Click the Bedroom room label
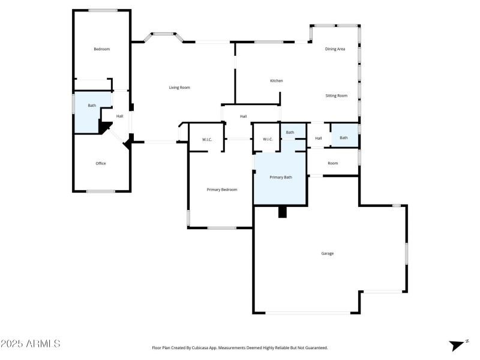(x=101, y=49)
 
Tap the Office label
(x=101, y=163)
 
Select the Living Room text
(x=179, y=88)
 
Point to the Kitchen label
(x=276, y=81)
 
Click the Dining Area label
(x=335, y=49)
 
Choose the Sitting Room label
(x=336, y=95)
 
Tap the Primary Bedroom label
(x=222, y=190)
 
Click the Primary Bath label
(x=280, y=177)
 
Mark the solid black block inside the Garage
(x=283, y=212)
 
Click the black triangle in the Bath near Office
(x=106, y=127)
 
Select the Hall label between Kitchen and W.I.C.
(x=243, y=116)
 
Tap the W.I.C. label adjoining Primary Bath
(x=268, y=140)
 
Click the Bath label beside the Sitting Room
(x=343, y=138)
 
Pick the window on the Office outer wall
(x=100, y=191)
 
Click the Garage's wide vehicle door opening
(x=308, y=313)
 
